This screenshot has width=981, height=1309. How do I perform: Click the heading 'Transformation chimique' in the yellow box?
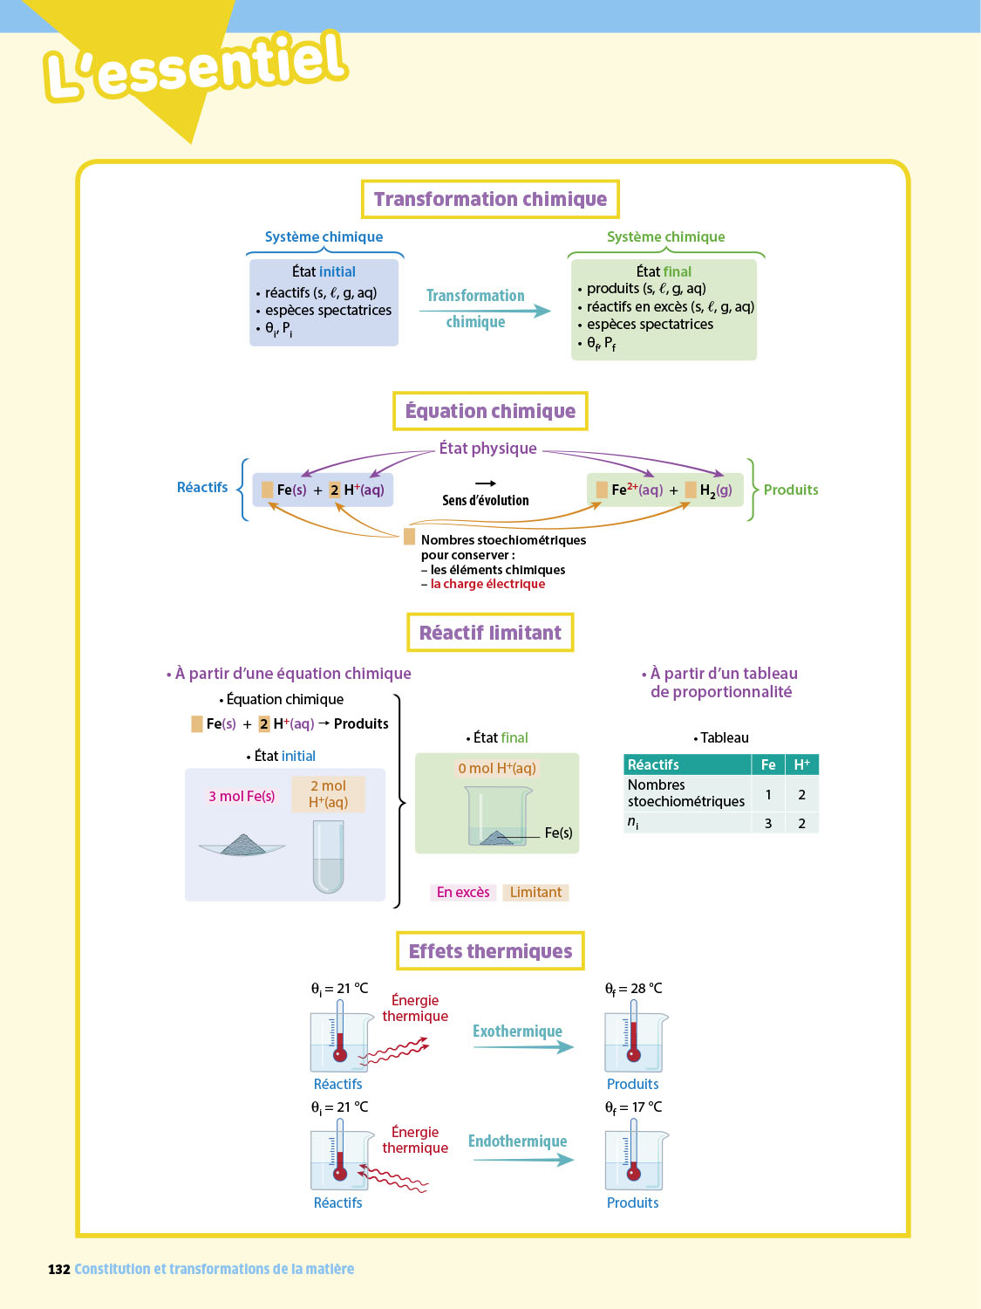click(x=490, y=199)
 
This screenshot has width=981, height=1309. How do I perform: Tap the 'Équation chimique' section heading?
click(x=490, y=411)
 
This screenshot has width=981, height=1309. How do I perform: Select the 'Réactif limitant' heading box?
click(x=490, y=633)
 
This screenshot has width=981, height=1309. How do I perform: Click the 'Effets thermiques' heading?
click(x=490, y=951)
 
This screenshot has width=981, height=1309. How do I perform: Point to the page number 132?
click(x=58, y=1269)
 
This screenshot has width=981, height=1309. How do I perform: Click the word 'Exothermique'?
click(x=517, y=1031)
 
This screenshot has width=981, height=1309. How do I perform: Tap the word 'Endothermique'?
click(x=517, y=1141)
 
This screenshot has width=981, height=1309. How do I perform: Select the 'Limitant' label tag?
click(x=535, y=892)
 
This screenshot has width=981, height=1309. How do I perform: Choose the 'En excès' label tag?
click(x=463, y=892)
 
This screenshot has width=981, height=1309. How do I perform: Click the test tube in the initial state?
click(x=328, y=856)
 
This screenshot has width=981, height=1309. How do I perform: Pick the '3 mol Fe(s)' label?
click(x=242, y=796)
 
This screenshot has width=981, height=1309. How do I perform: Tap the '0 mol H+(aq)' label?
click(x=497, y=768)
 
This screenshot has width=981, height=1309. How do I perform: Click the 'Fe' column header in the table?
click(x=768, y=764)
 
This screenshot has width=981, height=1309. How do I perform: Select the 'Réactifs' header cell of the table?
click(x=687, y=764)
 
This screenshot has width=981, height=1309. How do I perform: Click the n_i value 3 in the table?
click(x=768, y=823)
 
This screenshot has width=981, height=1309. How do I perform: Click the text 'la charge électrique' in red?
click(x=487, y=584)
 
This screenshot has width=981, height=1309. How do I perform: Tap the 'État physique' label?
click(x=487, y=449)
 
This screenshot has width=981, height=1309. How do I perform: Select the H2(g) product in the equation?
click(x=716, y=490)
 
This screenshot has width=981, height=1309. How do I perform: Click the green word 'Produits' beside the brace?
click(x=791, y=490)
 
